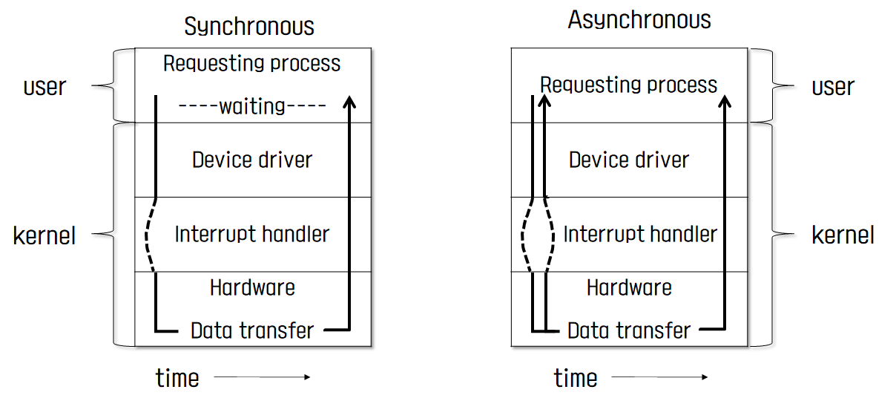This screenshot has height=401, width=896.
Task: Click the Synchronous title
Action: click(249, 27)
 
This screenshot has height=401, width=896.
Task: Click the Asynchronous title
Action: click(639, 20)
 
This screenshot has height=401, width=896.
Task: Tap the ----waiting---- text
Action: click(252, 106)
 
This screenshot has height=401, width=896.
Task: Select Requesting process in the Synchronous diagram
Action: click(252, 63)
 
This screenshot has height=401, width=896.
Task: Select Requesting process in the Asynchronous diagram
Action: click(629, 85)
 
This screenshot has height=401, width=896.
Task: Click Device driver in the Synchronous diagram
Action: click(252, 160)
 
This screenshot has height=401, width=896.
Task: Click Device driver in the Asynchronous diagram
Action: click(629, 160)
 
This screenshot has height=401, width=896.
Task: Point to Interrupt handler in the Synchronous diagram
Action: click(252, 235)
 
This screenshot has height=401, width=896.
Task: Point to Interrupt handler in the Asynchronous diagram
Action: click(640, 235)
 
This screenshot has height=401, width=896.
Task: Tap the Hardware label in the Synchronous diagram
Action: click(252, 287)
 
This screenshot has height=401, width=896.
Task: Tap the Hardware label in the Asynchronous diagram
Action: click(629, 287)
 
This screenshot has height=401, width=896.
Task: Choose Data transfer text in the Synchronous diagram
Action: click(252, 330)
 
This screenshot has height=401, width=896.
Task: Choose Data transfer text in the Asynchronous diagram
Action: click(629, 330)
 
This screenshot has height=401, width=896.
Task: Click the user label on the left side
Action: click(45, 87)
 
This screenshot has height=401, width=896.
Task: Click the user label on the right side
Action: click(833, 87)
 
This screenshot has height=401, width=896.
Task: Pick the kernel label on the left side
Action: click(45, 236)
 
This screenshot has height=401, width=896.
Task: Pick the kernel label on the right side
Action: click(843, 236)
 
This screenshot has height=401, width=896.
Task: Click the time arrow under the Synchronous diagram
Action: click(262, 378)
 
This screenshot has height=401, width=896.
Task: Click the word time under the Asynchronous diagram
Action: click(575, 378)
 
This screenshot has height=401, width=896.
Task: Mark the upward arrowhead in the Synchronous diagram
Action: click(347, 101)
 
